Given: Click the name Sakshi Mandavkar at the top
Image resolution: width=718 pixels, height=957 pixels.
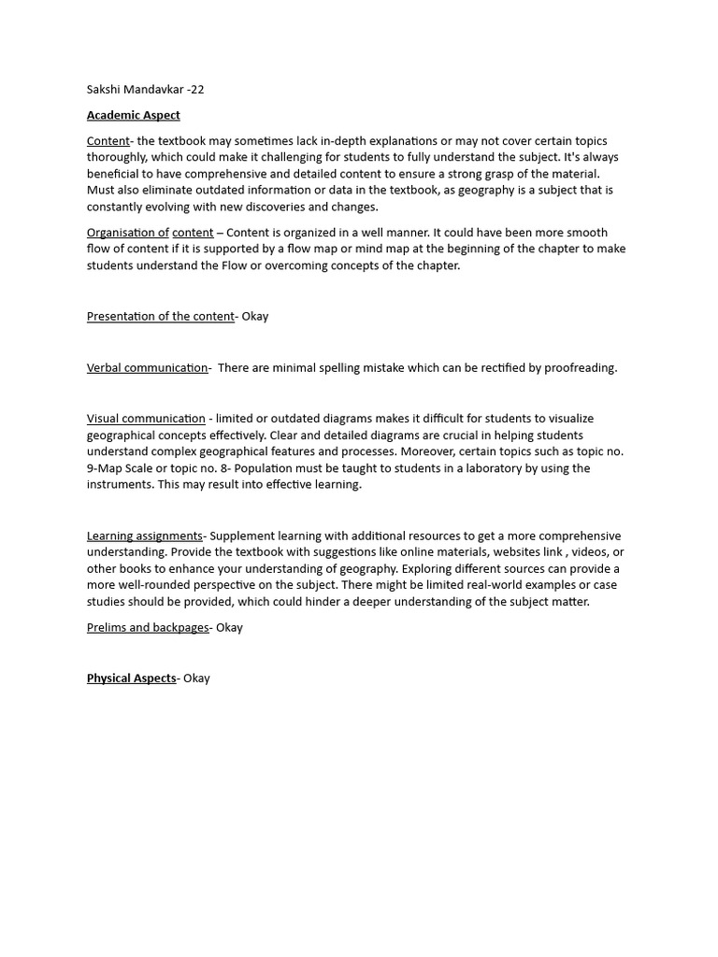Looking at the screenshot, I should tap(135, 90).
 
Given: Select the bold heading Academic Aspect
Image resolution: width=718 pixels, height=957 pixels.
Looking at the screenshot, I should tap(133, 115).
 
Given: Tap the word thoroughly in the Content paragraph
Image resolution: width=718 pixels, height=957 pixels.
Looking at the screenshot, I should tap(116, 157).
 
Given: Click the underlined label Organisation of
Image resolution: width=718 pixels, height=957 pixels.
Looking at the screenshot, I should tap(127, 232).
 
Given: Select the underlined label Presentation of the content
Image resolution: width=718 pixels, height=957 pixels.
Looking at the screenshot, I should tap(160, 316).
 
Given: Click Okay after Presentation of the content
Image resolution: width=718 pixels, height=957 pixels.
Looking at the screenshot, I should tap(255, 316).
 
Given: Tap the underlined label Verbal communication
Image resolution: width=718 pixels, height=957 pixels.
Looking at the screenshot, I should tap(147, 367).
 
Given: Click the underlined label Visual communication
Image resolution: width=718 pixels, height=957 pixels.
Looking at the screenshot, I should tap(146, 419).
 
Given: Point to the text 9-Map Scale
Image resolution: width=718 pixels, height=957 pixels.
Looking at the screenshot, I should tap(122, 468).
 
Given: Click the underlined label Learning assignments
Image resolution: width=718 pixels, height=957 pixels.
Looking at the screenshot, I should tap(144, 536).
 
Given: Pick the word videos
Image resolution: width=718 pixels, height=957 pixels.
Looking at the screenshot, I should tap(585, 552).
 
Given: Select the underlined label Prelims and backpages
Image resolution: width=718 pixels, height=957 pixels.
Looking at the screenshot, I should tap(148, 627).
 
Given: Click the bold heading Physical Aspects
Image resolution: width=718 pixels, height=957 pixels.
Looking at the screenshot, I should tap(131, 678).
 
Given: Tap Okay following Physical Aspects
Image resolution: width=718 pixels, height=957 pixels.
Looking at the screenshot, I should tap(196, 678).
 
